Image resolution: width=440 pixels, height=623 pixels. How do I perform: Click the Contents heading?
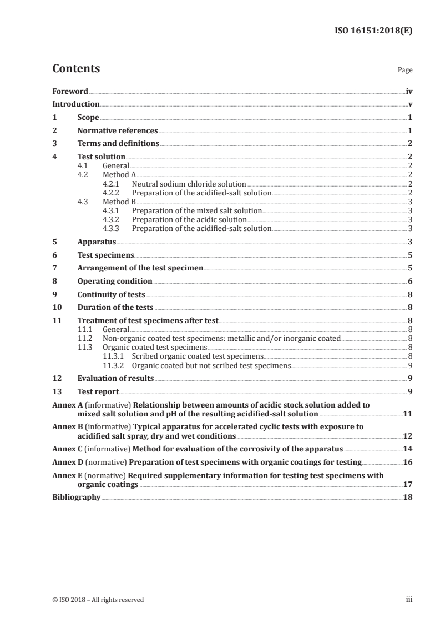point(76,69)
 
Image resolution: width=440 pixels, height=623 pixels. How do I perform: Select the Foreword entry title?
point(70,91)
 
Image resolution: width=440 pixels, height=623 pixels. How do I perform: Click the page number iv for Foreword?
point(409,91)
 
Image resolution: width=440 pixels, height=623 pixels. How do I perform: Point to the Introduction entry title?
point(76,104)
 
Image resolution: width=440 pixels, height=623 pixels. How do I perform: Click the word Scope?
point(88,117)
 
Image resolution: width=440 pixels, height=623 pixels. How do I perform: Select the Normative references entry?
point(118,131)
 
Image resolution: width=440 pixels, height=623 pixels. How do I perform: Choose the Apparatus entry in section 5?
point(97,242)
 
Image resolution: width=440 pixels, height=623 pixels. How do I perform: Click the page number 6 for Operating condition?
point(410,281)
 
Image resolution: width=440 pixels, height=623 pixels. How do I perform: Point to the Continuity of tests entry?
point(111,294)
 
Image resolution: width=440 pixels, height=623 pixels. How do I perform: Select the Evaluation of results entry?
point(115,378)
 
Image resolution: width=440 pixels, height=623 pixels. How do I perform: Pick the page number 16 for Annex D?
point(407,461)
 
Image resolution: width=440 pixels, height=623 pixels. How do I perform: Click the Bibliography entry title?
point(76,497)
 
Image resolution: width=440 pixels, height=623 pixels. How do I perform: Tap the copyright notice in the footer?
point(98,600)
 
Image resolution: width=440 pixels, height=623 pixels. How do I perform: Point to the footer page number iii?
point(409,600)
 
